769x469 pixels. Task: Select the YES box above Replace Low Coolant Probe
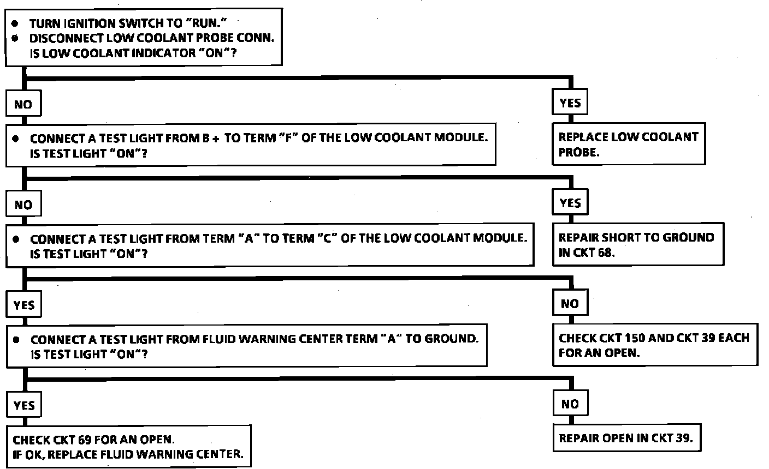pyautogui.click(x=570, y=103)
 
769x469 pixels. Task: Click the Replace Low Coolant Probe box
pyautogui.click(x=629, y=145)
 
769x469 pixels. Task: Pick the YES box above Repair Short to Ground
pyautogui.click(x=570, y=203)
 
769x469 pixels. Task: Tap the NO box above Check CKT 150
pyautogui.click(x=570, y=303)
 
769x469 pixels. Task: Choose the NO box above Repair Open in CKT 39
pyautogui.click(x=570, y=404)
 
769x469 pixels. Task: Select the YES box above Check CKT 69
pyautogui.click(x=23, y=405)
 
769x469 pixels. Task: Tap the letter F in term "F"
pyautogui.click(x=286, y=138)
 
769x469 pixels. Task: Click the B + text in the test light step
pyautogui.click(x=210, y=139)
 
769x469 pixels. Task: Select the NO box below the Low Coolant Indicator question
pyautogui.click(x=23, y=104)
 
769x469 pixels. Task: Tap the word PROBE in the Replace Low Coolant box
pyautogui.click(x=577, y=153)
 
